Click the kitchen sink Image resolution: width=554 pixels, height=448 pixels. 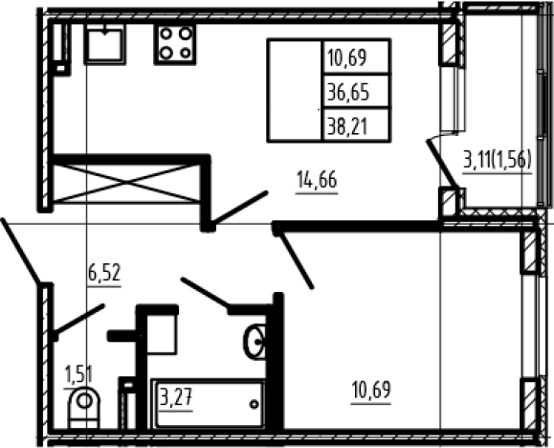point(104,44)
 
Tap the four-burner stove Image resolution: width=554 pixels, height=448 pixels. point(175,44)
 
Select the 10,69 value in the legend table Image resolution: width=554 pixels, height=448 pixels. point(346,57)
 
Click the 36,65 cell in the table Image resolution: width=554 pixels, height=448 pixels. point(348,92)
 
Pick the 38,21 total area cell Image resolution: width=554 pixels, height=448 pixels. point(347,126)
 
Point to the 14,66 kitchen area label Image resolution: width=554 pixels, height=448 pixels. point(317,180)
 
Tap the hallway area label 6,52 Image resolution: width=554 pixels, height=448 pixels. point(104,274)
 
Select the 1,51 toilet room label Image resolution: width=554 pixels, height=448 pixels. point(78,374)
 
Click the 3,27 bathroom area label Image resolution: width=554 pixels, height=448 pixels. point(176,397)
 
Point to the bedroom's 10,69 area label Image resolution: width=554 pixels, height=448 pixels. point(371,390)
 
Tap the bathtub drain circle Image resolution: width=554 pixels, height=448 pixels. point(254,404)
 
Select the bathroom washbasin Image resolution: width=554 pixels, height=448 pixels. point(255,342)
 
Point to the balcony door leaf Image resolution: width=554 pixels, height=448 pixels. point(443,164)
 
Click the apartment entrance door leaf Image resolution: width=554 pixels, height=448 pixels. point(20,252)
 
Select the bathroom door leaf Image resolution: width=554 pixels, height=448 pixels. point(205,292)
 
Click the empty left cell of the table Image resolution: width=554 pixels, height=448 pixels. point(295,91)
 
